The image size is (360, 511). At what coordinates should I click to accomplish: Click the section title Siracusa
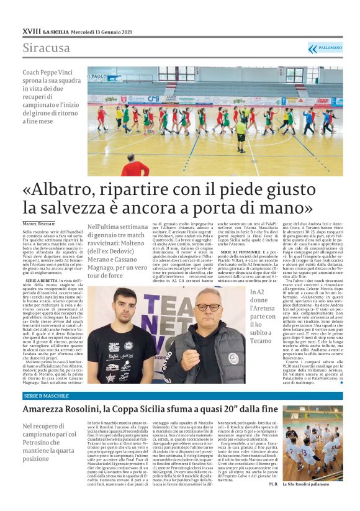[47, 47]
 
